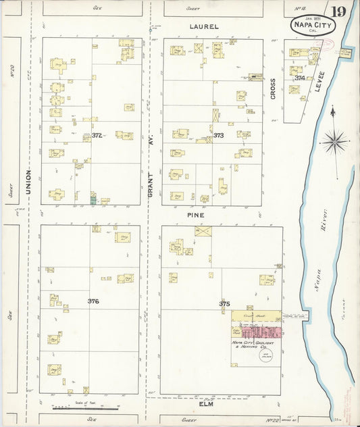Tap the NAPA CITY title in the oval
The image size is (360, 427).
312,26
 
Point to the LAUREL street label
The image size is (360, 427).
204,27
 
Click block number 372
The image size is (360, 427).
97,135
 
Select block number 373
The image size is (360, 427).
219,135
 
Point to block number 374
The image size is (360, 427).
299,78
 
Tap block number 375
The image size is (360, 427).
224,304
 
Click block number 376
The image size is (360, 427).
93,301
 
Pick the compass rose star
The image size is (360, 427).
334,142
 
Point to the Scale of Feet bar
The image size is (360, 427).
86,408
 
